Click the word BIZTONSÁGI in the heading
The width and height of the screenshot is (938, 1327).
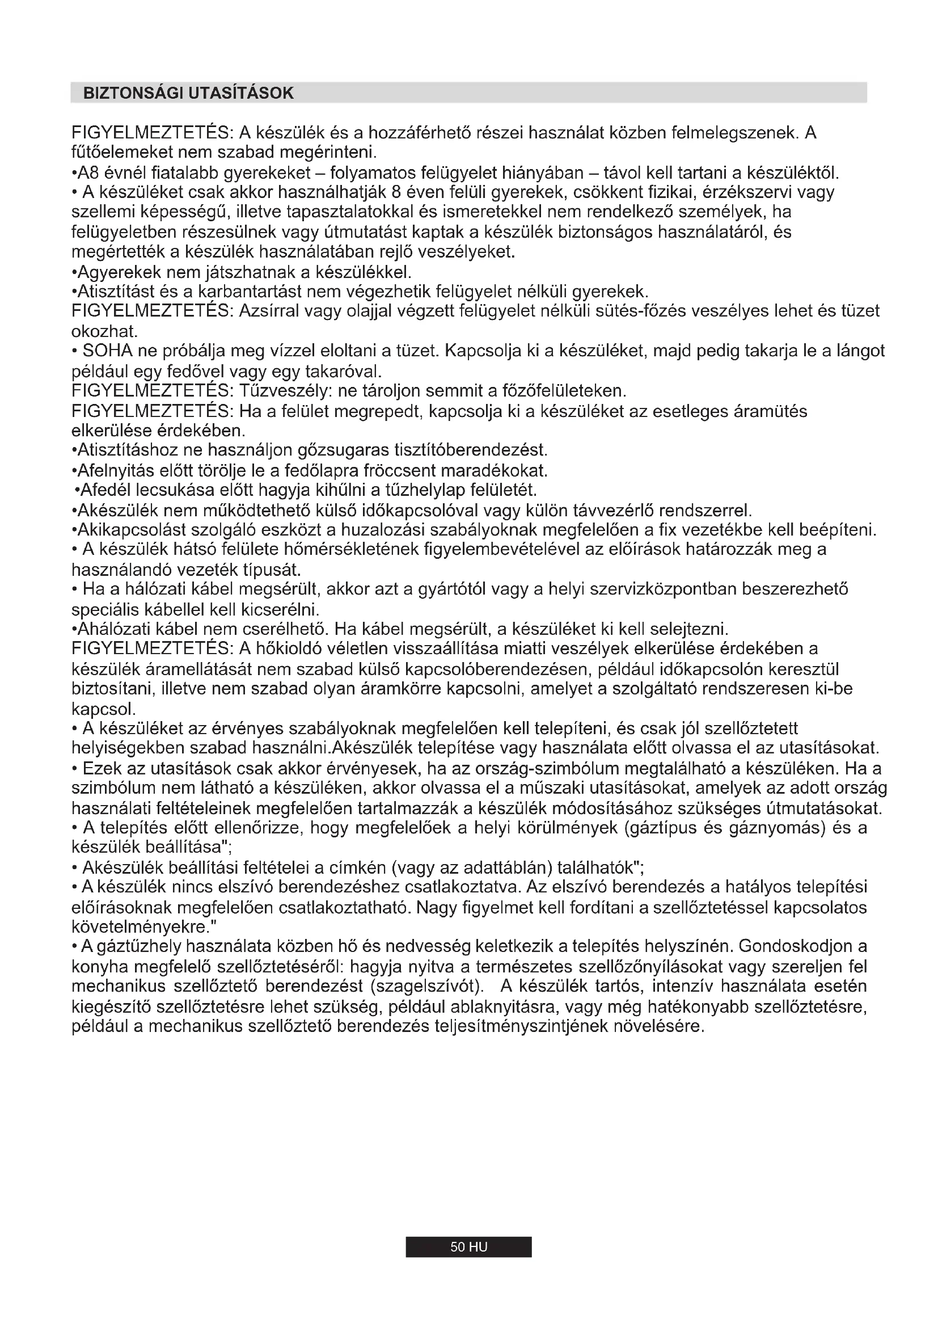[132, 93]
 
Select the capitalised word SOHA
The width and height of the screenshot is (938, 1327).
[107, 351]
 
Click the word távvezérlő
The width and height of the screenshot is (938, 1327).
[613, 511]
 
